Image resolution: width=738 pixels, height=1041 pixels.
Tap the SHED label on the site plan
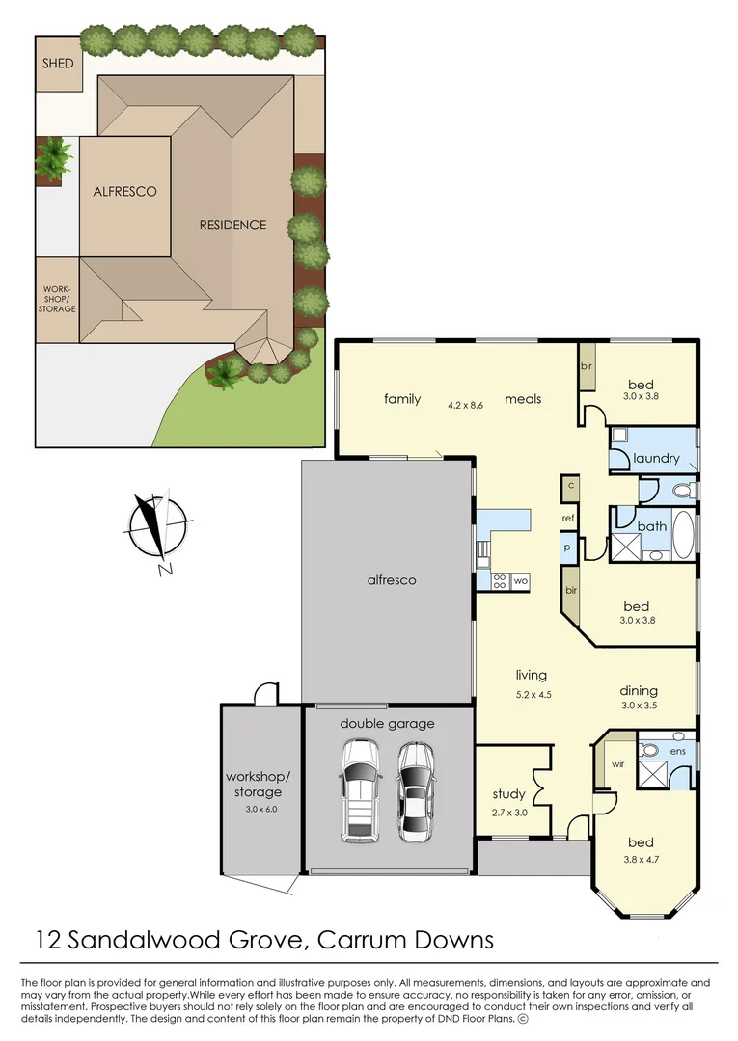coord(57,64)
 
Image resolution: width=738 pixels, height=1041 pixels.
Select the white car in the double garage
coord(358,789)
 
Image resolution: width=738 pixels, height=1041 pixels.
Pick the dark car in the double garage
coord(416,788)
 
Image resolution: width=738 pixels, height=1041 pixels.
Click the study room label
coord(508,794)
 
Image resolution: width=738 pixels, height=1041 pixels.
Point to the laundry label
coord(656,459)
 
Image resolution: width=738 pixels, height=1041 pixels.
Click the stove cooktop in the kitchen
coord(501,581)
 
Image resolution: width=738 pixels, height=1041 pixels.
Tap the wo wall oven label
coord(520,581)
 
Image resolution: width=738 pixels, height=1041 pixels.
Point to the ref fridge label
coord(569,518)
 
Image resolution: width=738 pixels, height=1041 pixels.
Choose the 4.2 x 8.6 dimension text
coord(464,405)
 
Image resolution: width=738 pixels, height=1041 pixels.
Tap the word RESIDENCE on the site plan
coord(232,225)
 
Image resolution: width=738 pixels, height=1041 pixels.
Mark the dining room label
coord(639,690)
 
